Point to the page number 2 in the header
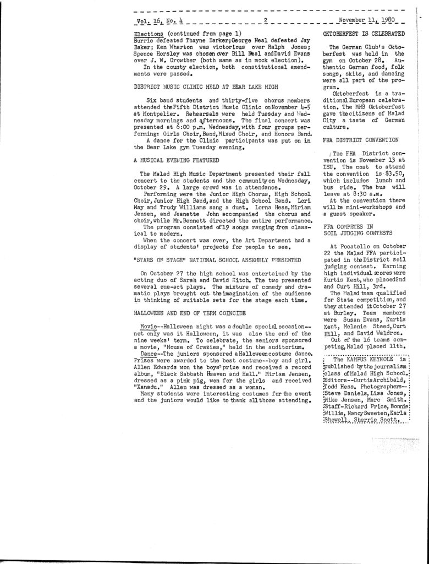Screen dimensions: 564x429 click(x=265, y=22)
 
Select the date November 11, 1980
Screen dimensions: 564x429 click(x=365, y=22)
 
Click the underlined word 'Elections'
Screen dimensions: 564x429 click(x=146, y=34)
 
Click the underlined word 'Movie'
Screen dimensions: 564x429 click(x=150, y=327)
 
